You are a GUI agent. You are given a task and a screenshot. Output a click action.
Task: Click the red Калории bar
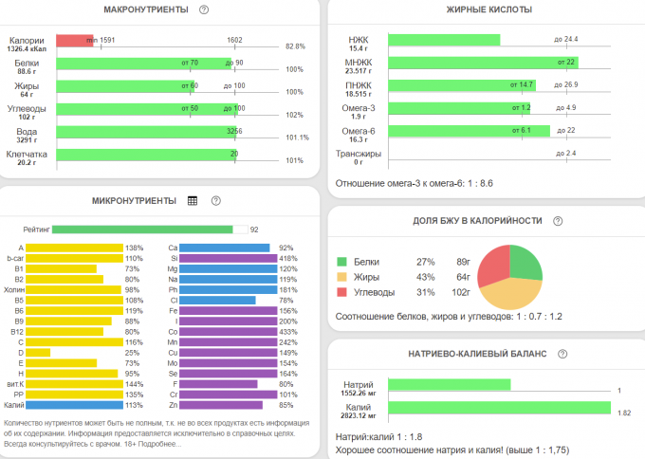pos(74,42)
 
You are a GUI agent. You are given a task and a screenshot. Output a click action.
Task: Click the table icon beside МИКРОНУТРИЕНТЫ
pos(193,201)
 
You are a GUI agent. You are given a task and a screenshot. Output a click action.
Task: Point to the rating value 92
pos(254,229)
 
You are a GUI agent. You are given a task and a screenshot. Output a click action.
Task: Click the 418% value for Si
pos(286,258)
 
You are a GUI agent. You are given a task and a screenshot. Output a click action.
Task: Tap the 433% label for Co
pos(286,331)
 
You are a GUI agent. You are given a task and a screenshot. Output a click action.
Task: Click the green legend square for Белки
pos(341,261)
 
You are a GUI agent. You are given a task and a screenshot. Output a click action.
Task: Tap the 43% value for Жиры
pos(424,277)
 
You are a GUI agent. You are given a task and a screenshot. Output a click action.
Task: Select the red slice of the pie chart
pos(494,266)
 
